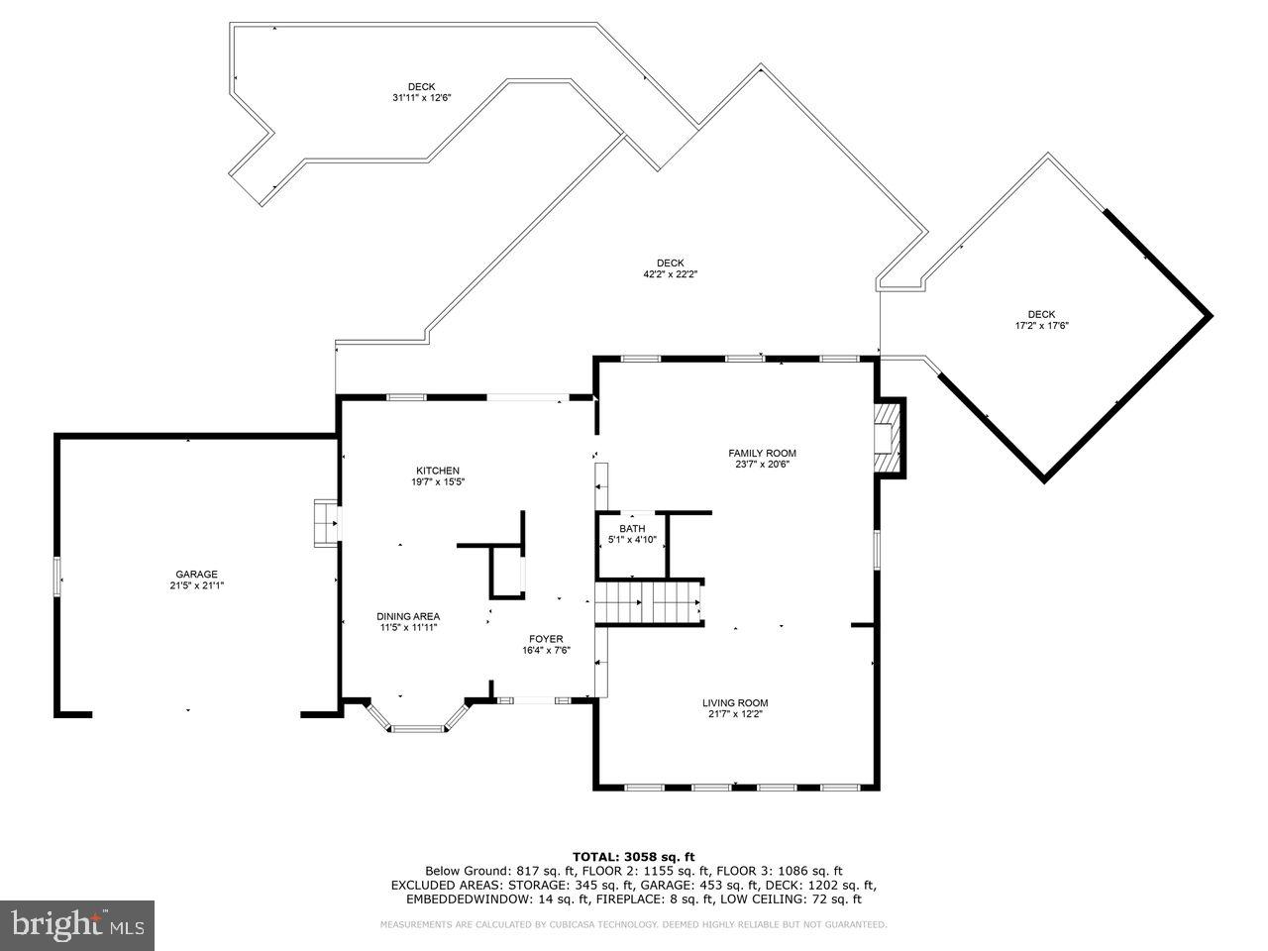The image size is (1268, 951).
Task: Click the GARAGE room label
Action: tap(196, 574)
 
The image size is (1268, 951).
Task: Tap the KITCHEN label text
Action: tap(437, 471)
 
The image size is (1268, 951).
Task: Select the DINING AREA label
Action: tap(408, 616)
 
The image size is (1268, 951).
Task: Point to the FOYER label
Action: tap(545, 639)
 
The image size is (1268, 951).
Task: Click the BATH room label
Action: tap(632, 529)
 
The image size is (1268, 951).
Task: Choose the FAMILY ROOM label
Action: tap(762, 454)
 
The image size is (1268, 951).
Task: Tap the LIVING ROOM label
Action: tap(735, 702)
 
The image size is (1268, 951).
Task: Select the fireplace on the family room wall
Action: tap(888, 437)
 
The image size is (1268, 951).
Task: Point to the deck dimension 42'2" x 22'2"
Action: tap(670, 274)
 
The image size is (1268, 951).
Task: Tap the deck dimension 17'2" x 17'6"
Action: tap(1041, 325)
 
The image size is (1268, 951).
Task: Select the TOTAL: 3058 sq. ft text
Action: tap(634, 856)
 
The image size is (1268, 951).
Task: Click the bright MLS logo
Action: tap(77, 925)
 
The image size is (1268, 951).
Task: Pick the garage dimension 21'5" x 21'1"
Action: tap(196, 585)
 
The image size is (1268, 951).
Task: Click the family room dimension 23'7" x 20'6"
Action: tap(762, 465)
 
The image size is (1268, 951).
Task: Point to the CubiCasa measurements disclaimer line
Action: tap(634, 924)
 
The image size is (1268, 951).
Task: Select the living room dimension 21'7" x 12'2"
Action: tap(735, 713)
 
